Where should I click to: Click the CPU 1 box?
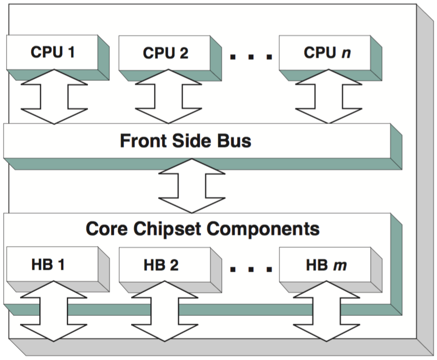coord(53,52)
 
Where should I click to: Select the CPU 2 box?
coord(165,53)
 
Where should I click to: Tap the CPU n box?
coord(327,52)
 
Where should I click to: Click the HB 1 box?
coord(49,265)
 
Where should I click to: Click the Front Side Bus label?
coord(186,141)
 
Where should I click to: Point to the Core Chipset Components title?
coord(202,229)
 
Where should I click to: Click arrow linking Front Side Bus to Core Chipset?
coord(191,185)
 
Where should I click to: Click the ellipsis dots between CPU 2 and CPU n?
coord(251,57)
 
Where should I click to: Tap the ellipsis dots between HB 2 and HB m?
coord(251,269)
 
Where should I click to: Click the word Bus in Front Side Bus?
coord(233,141)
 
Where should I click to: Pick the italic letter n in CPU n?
coord(347,53)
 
